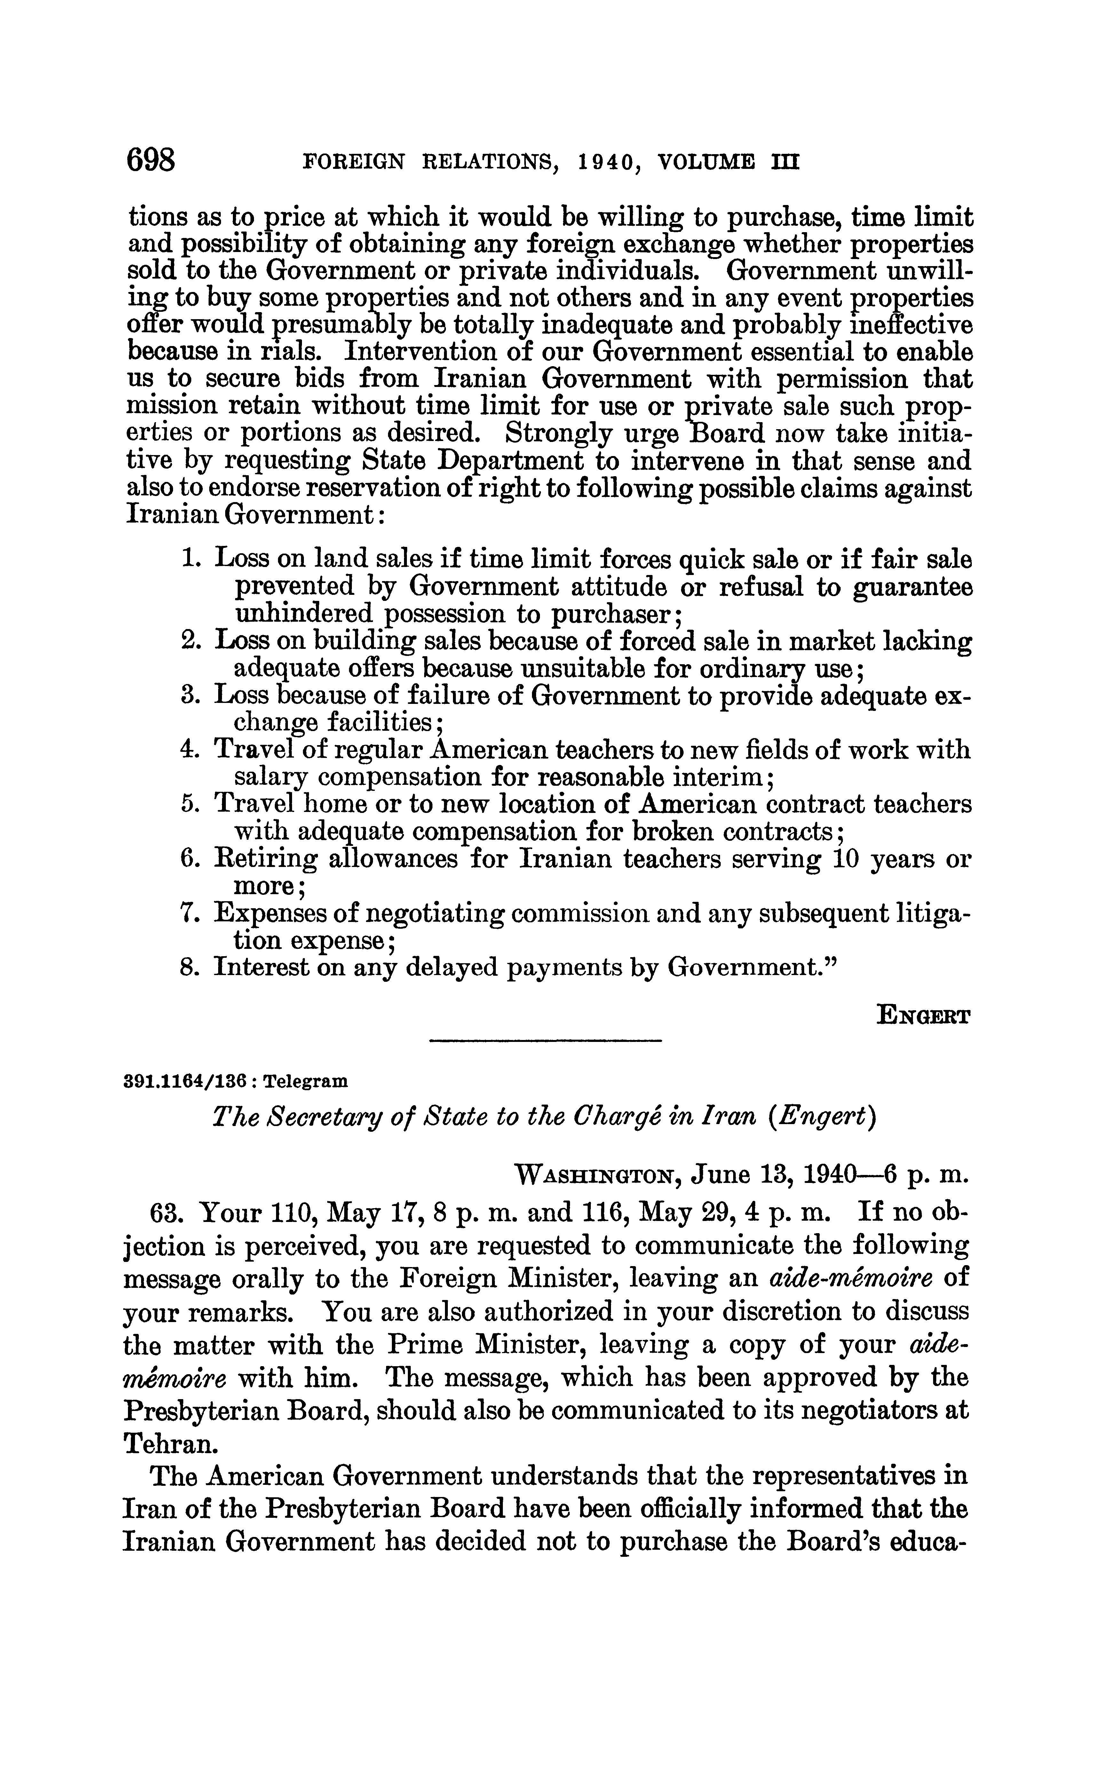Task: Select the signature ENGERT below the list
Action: (924, 1014)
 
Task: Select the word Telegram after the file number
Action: (305, 1081)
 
